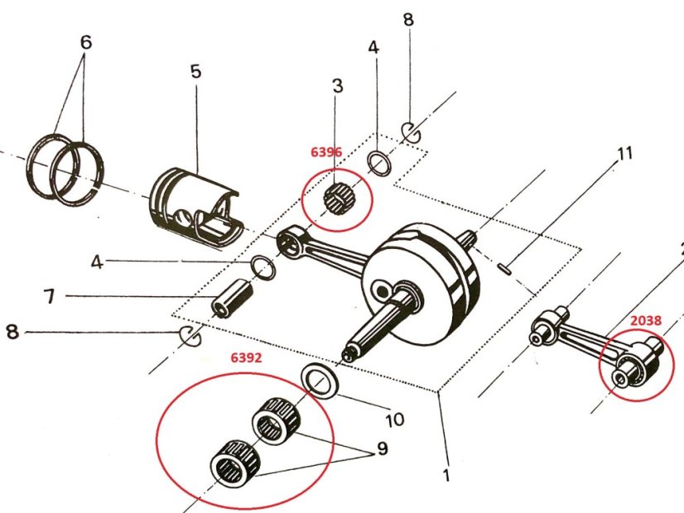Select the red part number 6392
[x=246, y=359]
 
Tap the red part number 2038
[x=645, y=318]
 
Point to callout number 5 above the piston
[x=195, y=72]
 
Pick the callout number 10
[x=394, y=420]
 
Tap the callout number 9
[x=382, y=449]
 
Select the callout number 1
[x=446, y=476]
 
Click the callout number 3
[x=337, y=86]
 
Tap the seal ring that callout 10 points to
[x=318, y=380]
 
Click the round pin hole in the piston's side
[x=180, y=217]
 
